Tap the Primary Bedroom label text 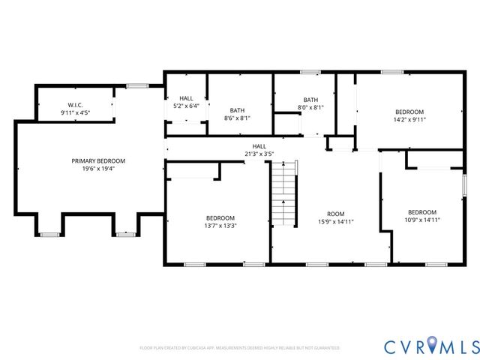98,161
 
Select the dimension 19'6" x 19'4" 98,169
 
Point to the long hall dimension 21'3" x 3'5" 259,154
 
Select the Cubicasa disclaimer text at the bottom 240,348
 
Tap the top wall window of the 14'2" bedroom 391,72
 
